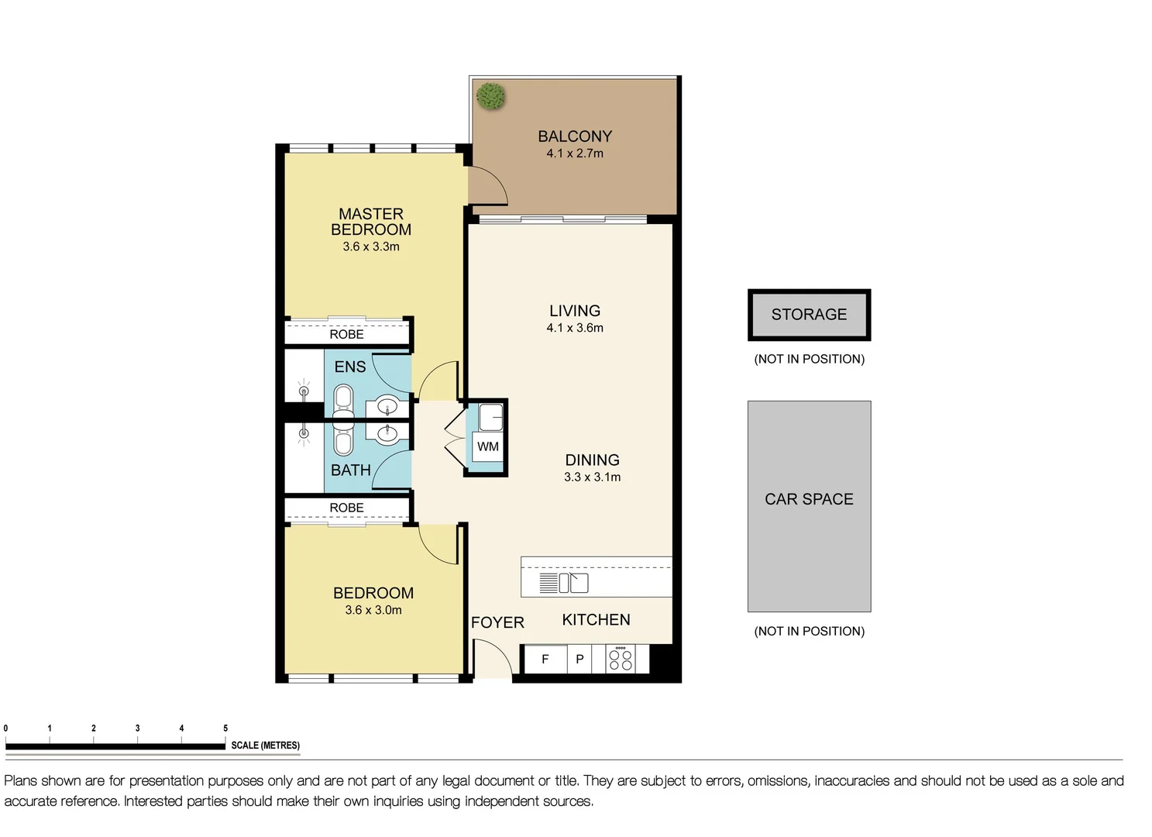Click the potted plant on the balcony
490,96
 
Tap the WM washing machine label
487,447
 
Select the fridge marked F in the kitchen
545,660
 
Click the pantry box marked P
579,660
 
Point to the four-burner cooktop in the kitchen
621,660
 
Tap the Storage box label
809,315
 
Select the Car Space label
809,500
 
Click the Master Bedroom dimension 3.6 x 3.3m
371,247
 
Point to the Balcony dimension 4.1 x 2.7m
574,153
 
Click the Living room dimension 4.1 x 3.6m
574,328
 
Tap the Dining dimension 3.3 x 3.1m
592,477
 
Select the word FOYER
497,623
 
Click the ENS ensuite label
350,367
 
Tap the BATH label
351,470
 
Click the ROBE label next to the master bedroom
346,335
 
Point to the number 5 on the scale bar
225,728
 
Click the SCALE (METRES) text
265,746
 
